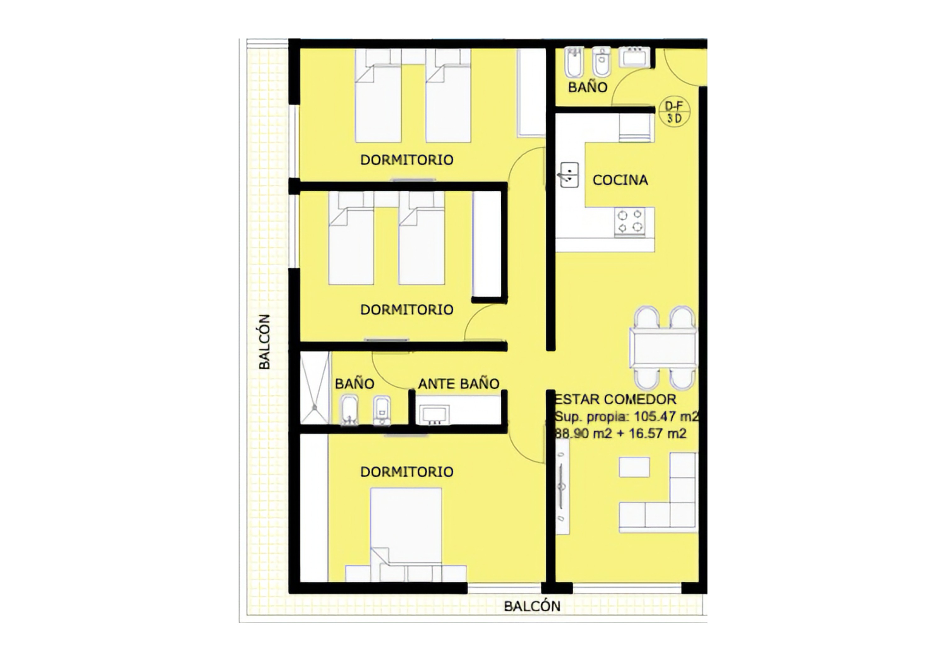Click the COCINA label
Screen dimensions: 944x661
point(620,180)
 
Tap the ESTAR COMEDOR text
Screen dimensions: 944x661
point(615,399)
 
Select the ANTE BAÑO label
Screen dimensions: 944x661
point(458,384)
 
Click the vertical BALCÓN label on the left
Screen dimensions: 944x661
point(265,342)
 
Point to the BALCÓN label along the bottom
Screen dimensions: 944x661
point(532,606)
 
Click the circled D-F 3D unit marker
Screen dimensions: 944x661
point(674,112)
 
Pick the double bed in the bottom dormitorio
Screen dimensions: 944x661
point(406,535)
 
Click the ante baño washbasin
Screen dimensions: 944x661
point(434,414)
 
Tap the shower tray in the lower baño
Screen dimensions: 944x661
point(315,387)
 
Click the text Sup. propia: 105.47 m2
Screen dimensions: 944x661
point(626,417)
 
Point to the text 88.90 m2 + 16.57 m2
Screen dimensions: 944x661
point(621,433)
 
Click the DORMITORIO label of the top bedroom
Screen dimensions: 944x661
point(407,160)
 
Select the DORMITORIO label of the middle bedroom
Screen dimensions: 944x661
point(407,309)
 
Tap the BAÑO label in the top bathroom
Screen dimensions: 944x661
point(587,87)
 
